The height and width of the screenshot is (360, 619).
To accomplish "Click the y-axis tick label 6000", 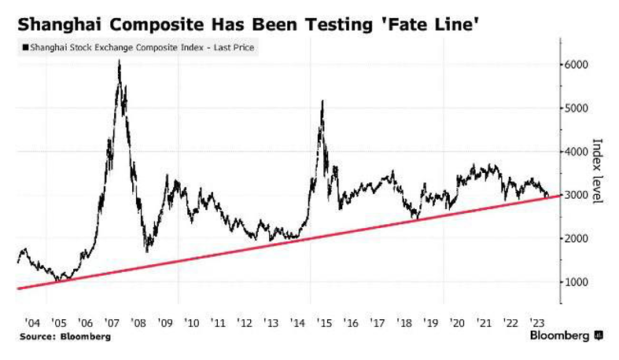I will (x=579, y=64).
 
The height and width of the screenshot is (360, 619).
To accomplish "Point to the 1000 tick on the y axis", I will (x=579, y=281).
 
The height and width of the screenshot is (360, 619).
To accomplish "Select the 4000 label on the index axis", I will (x=579, y=152).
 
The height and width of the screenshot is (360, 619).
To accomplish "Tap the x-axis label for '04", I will (x=32, y=321).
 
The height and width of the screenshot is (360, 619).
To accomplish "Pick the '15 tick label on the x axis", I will (x=325, y=321).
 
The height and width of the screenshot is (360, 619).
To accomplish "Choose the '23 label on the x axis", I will (x=538, y=321).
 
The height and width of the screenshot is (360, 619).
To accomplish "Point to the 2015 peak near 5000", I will (x=322, y=101).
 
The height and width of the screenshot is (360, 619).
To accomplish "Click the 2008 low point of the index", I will (x=148, y=252).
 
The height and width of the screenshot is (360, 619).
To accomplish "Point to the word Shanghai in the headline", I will (x=54, y=24).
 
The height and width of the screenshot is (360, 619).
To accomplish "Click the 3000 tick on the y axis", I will (x=579, y=195).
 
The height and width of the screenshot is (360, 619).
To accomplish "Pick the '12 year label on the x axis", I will (x=245, y=321).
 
